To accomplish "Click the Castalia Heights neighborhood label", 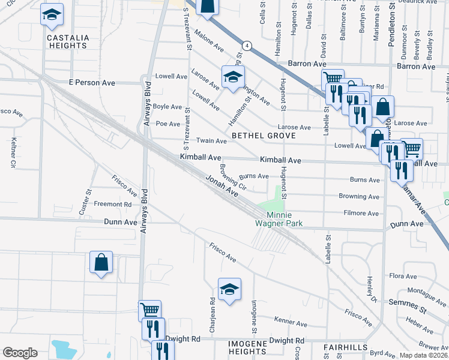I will click(x=68, y=41).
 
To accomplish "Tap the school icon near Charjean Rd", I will click(x=229, y=290).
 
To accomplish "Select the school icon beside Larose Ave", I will click(x=233, y=77).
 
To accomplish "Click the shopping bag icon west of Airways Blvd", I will click(x=101, y=262).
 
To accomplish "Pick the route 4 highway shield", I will click(x=246, y=46).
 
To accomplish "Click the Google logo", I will click(x=20, y=353).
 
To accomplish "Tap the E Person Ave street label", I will click(x=92, y=82).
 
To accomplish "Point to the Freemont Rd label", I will click(x=112, y=205).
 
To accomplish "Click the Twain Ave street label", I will click(x=213, y=141).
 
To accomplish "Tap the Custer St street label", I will click(x=85, y=203).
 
